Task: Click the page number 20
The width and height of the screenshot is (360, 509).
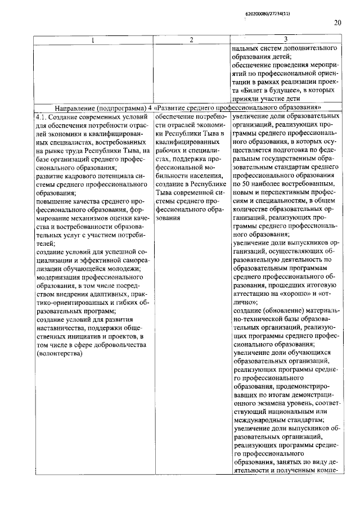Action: pos(337,23)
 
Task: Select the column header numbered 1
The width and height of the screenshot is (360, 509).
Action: pos(93,39)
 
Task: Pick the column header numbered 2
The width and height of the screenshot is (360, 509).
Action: pos(191,39)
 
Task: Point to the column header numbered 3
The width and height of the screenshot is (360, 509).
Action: pos(286,39)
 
